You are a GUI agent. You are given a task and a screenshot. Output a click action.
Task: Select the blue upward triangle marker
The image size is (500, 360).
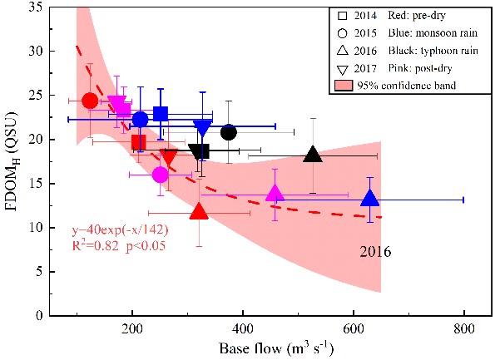point(371,199)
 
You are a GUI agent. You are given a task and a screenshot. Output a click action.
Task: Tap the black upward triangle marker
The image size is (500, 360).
point(313,155)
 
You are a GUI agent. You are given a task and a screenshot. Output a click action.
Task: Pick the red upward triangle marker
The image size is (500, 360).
point(199,211)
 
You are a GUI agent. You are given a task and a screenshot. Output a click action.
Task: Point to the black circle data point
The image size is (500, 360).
point(228,132)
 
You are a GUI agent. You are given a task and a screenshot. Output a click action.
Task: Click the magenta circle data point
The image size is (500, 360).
point(161,175)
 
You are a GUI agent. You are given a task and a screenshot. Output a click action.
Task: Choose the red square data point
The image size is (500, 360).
point(139,142)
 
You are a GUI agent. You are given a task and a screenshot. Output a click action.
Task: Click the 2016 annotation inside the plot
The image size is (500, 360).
point(374,250)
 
